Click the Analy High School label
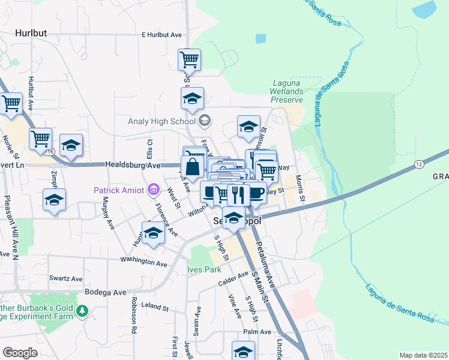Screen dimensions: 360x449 [162, 121]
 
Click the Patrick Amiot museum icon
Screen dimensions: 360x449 [154, 190]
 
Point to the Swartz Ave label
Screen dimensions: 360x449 [65, 279]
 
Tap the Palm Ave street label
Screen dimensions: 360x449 [258, 332]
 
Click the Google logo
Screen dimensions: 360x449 [20, 352]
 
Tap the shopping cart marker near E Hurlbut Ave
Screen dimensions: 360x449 [189, 59]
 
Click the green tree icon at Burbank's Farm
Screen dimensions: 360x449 [83, 311]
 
